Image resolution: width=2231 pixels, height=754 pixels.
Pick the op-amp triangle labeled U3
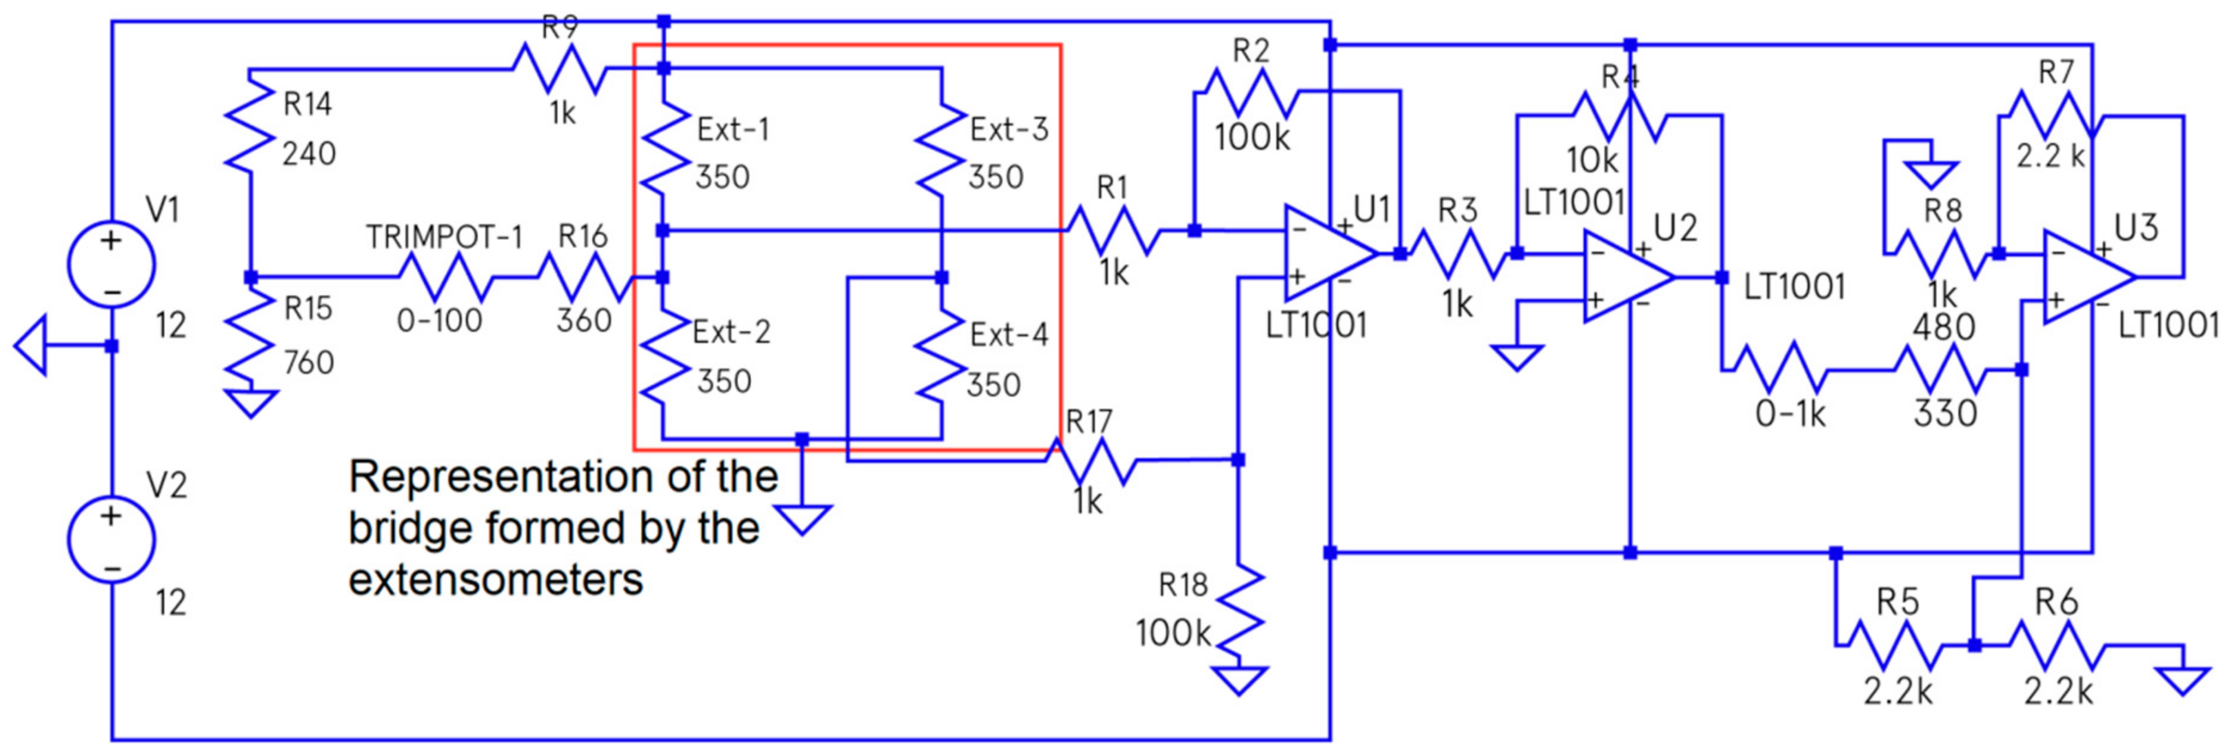point(2086,277)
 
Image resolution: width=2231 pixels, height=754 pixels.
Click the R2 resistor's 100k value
point(1251,138)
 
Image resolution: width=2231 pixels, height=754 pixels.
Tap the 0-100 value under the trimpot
point(439,321)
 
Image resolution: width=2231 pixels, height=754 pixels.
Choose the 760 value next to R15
point(308,363)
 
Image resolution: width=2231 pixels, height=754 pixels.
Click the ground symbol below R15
point(251,403)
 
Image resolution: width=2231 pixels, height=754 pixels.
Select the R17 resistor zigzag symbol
point(1093,460)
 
